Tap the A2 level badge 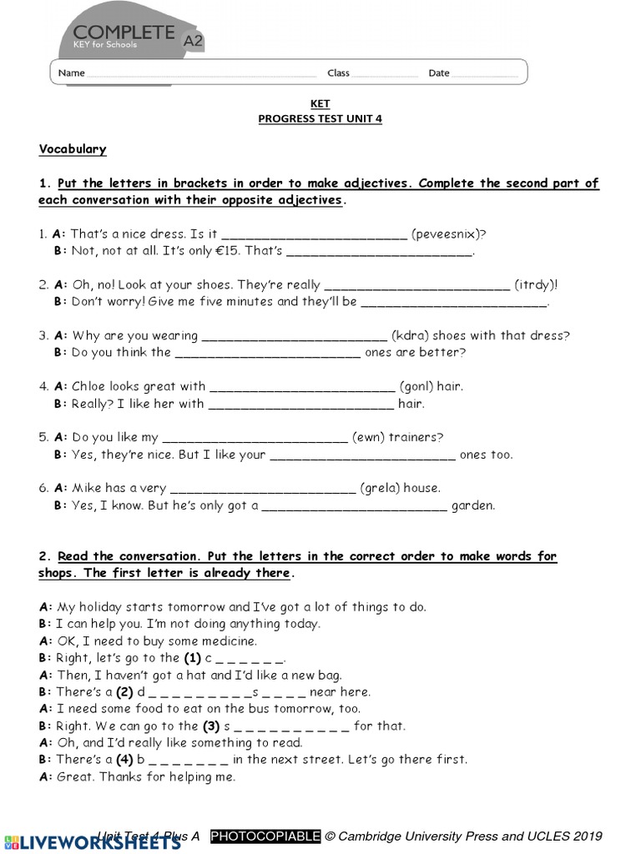coord(193,38)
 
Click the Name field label coord(71,73)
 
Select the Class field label coord(338,73)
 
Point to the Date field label coord(439,73)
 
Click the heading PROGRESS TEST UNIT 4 coord(320,118)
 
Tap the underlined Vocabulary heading coord(73,149)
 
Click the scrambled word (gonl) coord(415,386)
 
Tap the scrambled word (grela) coord(378,488)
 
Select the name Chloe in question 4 coord(89,386)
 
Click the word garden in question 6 coord(472,505)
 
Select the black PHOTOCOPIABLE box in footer coord(265,836)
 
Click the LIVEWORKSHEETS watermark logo coord(92,841)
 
